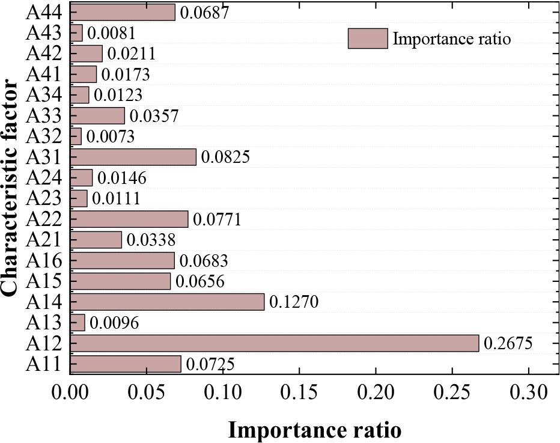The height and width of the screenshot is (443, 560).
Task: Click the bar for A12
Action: tap(275, 343)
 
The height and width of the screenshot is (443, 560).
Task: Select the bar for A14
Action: tap(168, 302)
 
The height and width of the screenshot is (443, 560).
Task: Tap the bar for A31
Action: tap(133, 157)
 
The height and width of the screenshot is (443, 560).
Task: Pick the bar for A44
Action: tap(123, 12)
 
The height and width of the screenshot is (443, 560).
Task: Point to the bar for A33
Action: tap(98, 115)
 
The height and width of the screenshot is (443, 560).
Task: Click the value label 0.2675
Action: tap(508, 344)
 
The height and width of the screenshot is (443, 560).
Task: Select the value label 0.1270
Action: tap(294, 302)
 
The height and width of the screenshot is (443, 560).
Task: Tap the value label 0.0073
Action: tap(111, 136)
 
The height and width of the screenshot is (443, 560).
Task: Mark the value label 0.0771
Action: tap(217, 219)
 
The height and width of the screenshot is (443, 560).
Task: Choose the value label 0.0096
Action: tap(114, 323)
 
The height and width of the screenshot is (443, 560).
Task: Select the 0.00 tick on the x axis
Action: tap(71, 394)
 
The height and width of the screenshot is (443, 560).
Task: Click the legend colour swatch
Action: tap(368, 39)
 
